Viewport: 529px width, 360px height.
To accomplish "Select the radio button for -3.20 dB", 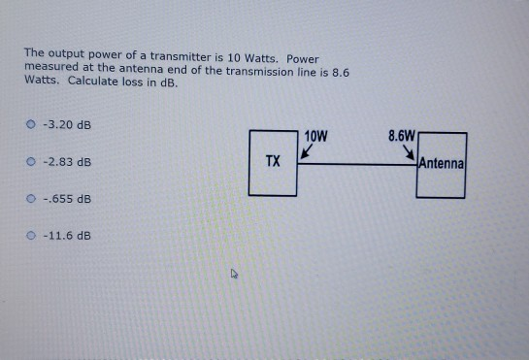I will point(33,125).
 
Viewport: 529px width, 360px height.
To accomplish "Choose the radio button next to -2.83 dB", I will point(33,162).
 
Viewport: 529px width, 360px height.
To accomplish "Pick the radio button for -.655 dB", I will point(33,199).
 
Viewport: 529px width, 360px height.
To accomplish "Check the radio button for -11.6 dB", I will point(33,235).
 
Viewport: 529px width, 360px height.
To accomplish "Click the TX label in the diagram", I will point(273,161).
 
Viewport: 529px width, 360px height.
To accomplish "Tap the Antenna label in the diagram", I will point(442,164).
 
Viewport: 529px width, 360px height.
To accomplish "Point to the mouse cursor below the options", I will point(233,275).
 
